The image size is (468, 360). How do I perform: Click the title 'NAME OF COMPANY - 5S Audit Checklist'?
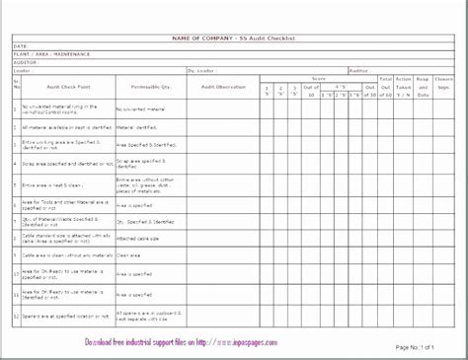pyautogui.click(x=232, y=37)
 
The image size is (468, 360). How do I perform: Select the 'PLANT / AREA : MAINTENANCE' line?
pyautogui.click(x=49, y=54)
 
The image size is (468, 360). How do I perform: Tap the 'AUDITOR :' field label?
pyautogui.click(x=28, y=62)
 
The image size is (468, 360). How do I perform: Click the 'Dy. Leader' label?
pyautogui.click(x=200, y=70)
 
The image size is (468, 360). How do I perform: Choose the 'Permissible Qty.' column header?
pyautogui.click(x=145, y=87)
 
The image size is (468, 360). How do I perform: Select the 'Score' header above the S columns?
pyautogui.click(x=319, y=78)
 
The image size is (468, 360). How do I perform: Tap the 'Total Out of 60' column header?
pyautogui.click(x=385, y=87)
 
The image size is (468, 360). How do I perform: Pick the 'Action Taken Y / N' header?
pyautogui.click(x=404, y=87)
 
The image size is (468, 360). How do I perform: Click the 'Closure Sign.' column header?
pyautogui.click(x=444, y=87)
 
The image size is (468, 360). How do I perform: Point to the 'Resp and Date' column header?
pyautogui.click(x=423, y=87)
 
